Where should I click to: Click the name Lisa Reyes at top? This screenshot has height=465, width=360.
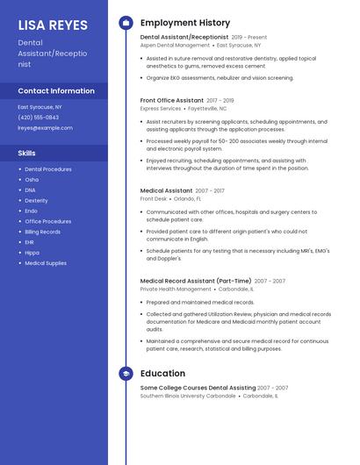(53, 24)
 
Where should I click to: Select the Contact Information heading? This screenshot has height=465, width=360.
(56, 91)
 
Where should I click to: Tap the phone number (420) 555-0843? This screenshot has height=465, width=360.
(39, 117)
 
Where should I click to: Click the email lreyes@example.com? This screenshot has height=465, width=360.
(46, 127)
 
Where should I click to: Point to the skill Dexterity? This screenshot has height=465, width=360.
(36, 201)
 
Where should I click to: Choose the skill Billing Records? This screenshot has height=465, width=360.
(42, 232)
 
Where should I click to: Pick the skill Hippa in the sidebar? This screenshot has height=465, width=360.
(32, 253)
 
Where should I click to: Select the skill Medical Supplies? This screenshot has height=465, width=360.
(46, 263)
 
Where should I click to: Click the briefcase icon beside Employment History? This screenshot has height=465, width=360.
(126, 23)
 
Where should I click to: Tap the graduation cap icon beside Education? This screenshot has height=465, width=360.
(126, 374)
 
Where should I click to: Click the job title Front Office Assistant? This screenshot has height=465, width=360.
(171, 101)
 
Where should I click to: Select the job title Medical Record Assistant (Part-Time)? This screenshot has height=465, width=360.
(196, 281)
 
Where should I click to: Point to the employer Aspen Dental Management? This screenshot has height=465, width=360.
(175, 45)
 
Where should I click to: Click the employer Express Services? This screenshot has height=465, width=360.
(161, 109)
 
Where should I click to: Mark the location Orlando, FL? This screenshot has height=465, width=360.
(187, 198)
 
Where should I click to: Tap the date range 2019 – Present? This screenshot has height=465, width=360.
(249, 38)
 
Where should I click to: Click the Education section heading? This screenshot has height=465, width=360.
(162, 374)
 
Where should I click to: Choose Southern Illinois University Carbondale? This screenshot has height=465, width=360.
(188, 396)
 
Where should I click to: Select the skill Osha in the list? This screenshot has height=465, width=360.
(32, 180)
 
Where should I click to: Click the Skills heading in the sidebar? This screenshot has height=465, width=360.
(27, 154)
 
